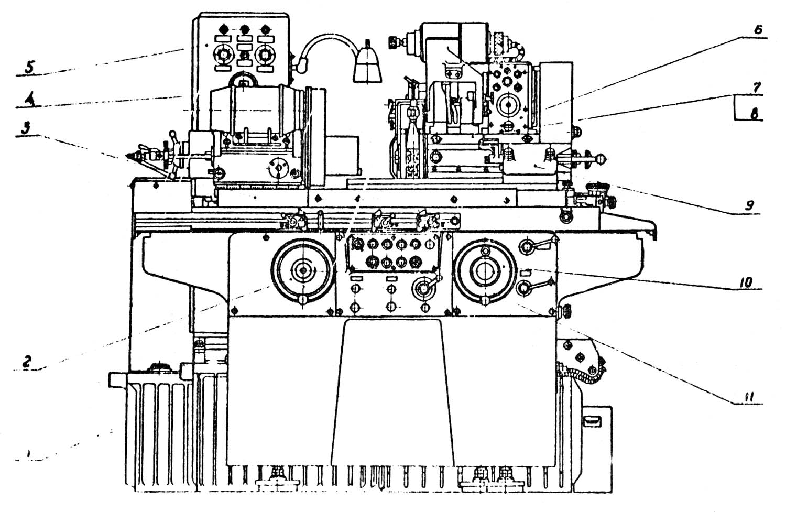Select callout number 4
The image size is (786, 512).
32,100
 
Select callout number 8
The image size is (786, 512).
755,112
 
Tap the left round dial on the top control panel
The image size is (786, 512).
224,54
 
